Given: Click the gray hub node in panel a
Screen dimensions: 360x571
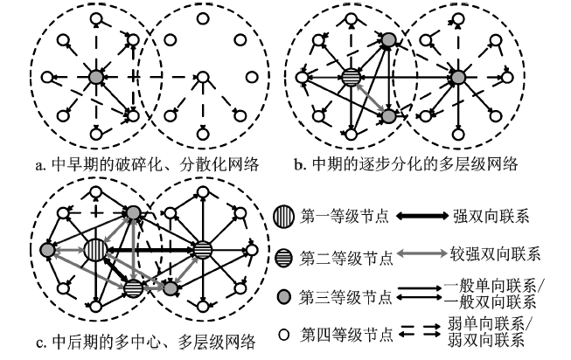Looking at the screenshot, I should pyautogui.click(x=97, y=78).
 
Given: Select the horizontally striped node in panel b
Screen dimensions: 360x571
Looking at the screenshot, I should pyautogui.click(x=352, y=79).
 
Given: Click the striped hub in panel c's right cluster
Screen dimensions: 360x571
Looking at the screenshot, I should pyautogui.click(x=201, y=249).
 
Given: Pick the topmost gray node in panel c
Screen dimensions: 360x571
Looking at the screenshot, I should pyautogui.click(x=132, y=213).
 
